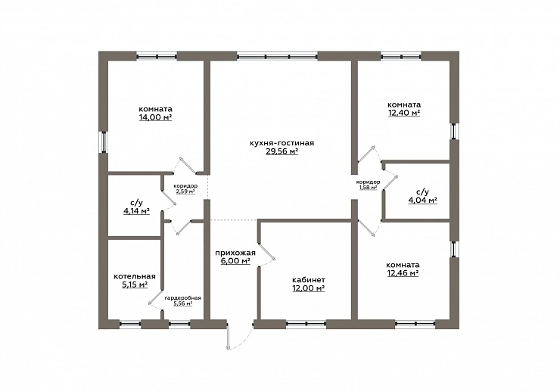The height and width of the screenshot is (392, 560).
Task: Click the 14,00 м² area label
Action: point(155,117)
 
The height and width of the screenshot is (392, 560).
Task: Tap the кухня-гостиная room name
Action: point(282,143)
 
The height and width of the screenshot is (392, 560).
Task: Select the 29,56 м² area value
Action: point(282,151)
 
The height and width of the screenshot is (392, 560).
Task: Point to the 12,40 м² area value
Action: point(404,114)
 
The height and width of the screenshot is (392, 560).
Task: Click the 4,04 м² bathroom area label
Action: point(423,200)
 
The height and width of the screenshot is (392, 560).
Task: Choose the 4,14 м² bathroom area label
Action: point(136,211)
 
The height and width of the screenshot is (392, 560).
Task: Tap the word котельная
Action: point(135,276)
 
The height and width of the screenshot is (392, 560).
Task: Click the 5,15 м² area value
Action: point(135,285)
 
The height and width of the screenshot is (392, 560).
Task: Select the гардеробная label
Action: point(183,298)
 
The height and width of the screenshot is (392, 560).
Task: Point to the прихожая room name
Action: point(235,253)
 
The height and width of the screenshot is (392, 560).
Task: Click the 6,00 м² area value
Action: point(235,261)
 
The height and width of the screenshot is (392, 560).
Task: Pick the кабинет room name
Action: point(309,280)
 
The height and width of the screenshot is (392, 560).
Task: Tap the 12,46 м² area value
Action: point(403,273)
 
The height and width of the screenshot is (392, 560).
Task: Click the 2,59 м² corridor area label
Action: point(185,191)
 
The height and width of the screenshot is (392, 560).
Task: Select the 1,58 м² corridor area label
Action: point(369,187)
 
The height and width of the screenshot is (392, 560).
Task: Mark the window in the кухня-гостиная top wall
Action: point(277,56)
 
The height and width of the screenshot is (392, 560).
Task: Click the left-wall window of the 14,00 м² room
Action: point(104,142)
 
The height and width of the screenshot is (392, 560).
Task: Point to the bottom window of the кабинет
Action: point(306,323)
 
